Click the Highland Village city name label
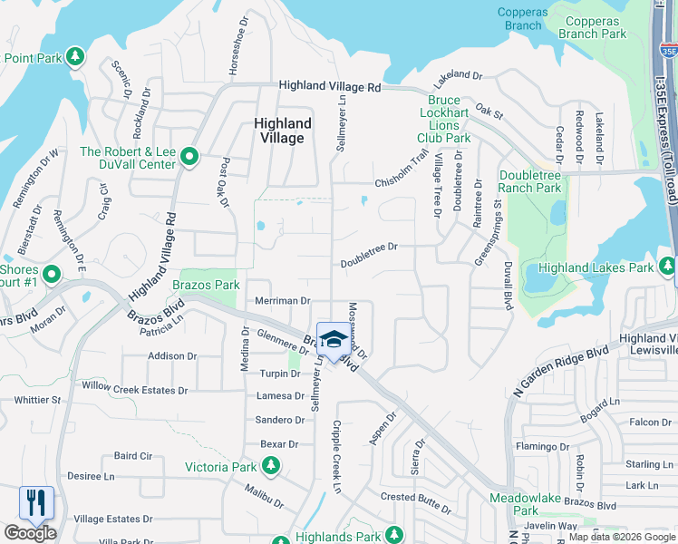[283, 131]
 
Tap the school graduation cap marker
[334, 341]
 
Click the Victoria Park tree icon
[270, 467]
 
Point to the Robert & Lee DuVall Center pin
[189, 158]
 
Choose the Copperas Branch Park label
[593, 27]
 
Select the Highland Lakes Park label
[596, 267]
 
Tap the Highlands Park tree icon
[393, 536]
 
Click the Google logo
[30, 533]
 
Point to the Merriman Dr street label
[283, 300]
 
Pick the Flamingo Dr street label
[541, 447]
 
